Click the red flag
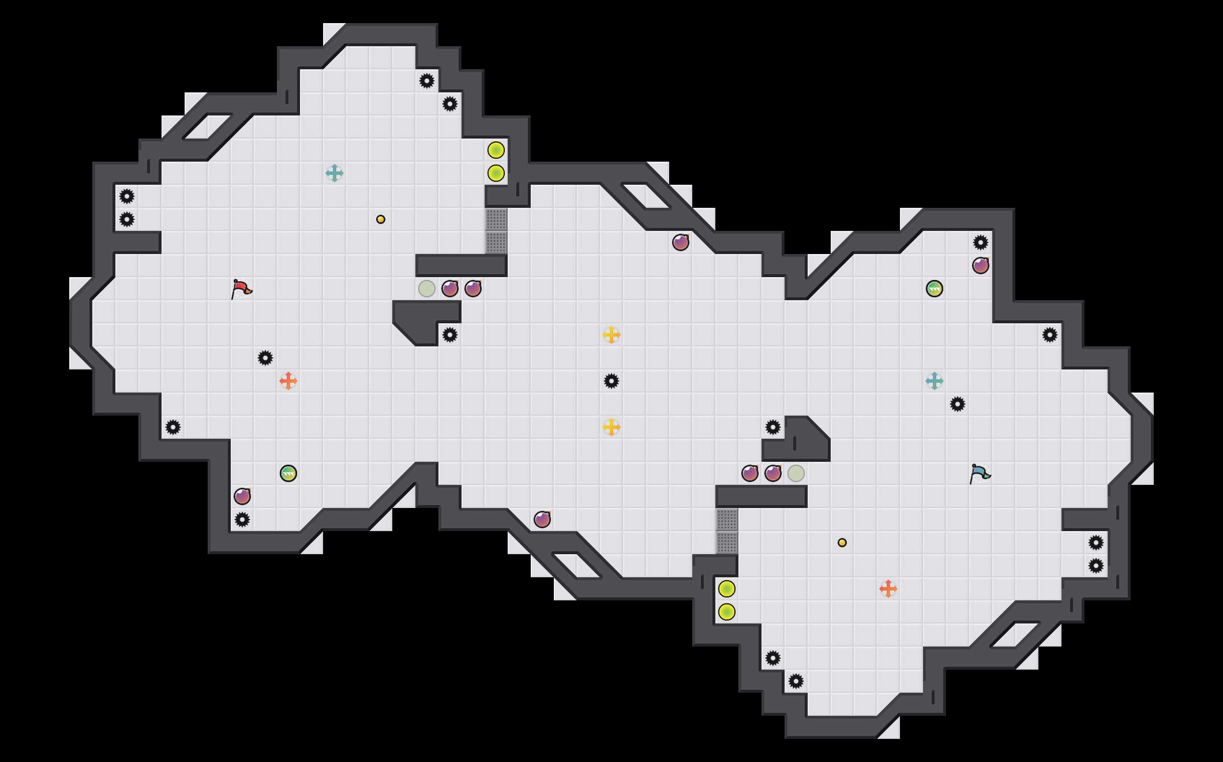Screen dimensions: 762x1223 pos(241,289)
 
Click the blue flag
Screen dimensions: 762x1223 pos(980,473)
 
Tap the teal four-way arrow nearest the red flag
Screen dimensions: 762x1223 pos(335,173)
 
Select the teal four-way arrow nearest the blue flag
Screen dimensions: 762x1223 pos(935,381)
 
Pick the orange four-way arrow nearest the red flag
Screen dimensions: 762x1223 pos(288,381)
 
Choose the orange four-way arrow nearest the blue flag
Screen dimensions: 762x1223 pos(888,589)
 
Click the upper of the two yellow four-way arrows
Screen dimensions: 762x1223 pos(611,335)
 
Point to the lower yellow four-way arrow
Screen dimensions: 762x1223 pos(611,427)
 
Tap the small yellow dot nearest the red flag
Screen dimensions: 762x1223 pos(381,219)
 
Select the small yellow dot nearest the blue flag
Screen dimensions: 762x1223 pos(842,543)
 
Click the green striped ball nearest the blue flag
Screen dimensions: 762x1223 pos(935,289)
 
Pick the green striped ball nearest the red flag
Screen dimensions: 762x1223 pos(288,473)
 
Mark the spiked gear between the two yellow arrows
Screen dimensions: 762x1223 pos(611,381)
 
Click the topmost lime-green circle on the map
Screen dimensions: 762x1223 pos(496,150)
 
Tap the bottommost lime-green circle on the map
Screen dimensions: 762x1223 pos(727,612)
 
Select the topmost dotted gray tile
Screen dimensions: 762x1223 pos(496,219)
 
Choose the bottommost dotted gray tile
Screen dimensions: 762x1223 pos(727,543)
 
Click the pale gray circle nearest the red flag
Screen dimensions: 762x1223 pos(427,289)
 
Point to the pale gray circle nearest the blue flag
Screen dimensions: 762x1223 pos(796,473)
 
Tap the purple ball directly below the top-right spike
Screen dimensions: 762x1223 pos(981,266)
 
